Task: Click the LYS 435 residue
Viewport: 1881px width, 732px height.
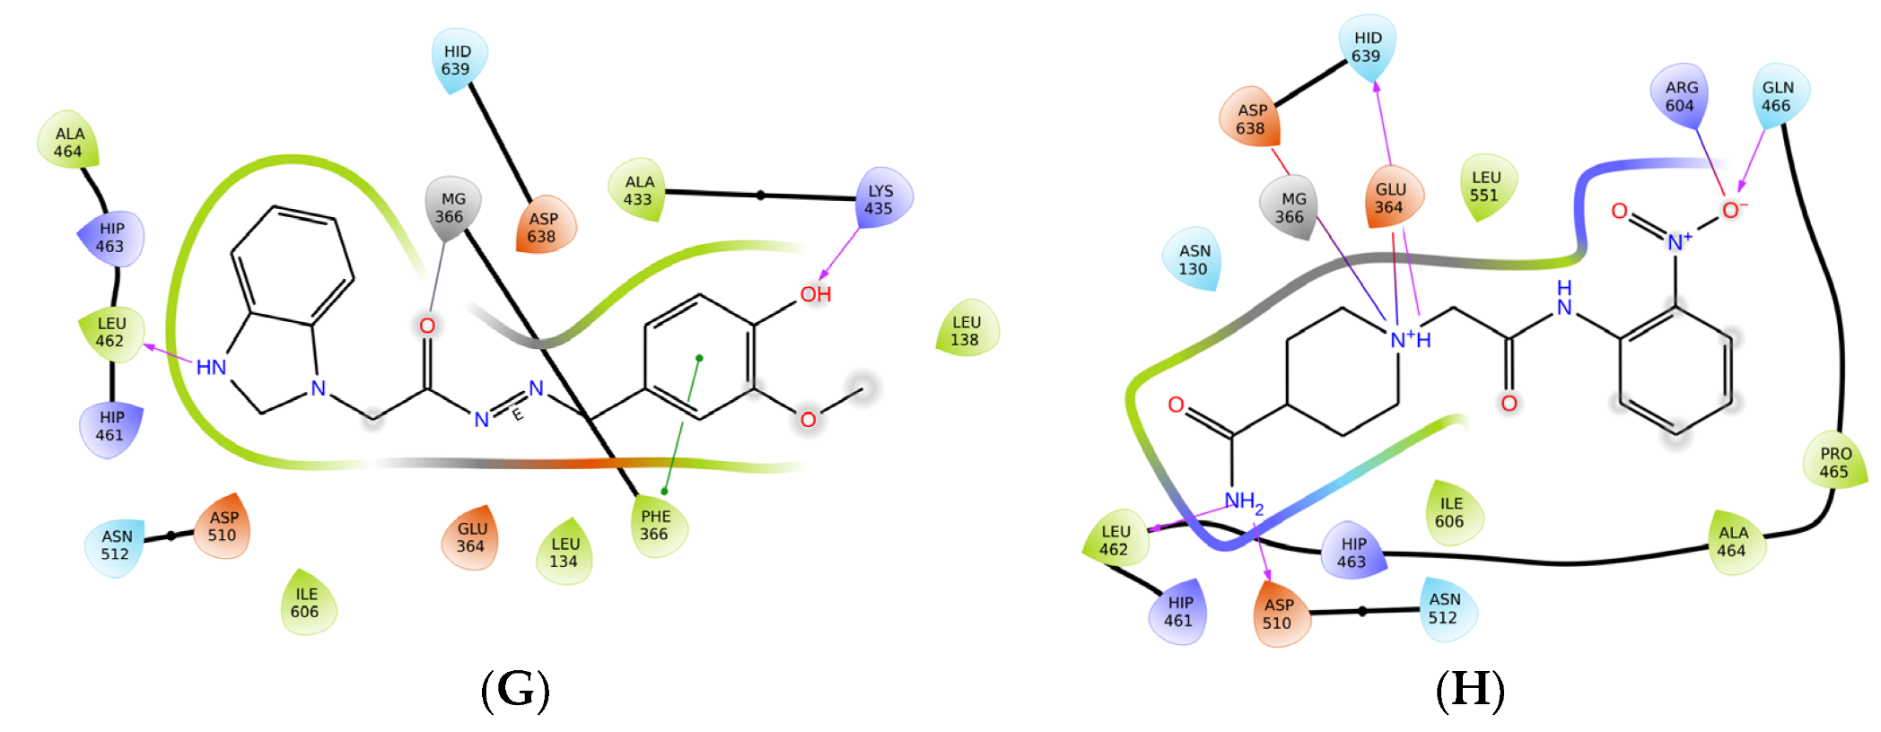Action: click(879, 199)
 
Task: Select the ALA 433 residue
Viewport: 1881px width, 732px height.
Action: click(638, 190)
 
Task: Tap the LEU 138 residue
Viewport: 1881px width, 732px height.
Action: click(966, 330)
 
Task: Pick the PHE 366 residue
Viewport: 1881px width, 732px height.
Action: click(655, 525)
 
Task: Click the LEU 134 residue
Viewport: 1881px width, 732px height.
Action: click(564, 552)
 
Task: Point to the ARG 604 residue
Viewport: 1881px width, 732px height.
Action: click(1680, 96)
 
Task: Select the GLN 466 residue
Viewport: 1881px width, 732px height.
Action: click(1777, 96)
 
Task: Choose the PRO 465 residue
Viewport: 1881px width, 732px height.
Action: click(1834, 462)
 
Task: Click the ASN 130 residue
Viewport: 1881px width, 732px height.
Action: click(1194, 259)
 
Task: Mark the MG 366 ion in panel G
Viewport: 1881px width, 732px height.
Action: click(451, 207)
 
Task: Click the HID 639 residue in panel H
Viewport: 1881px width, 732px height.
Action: click(1367, 47)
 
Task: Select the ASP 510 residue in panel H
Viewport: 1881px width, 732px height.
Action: click(1278, 614)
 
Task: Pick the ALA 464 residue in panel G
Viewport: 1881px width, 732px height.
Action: click(69, 143)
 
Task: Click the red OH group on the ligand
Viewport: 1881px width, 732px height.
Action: click(816, 294)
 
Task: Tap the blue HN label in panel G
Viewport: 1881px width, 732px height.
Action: click(211, 367)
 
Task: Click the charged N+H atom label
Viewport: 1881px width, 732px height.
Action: click(1409, 340)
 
